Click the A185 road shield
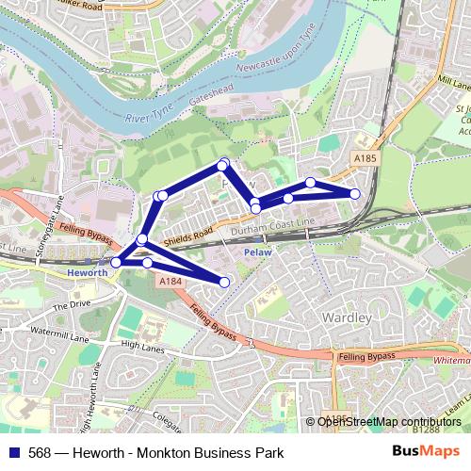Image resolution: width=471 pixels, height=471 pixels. [365, 158]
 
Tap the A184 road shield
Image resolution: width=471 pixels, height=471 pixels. [170, 282]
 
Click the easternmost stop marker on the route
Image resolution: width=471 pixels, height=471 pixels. [355, 194]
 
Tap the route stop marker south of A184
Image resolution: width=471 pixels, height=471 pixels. [224, 282]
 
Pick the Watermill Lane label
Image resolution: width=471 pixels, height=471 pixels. [31, 333]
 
